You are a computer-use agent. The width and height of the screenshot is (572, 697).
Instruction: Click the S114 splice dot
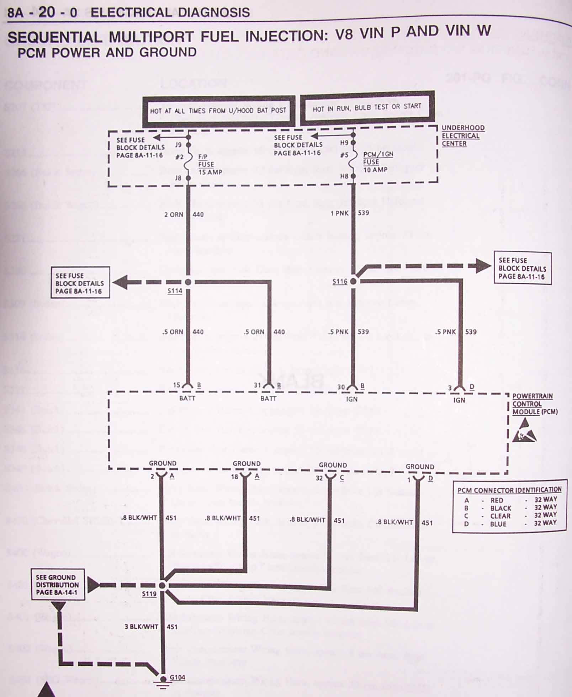point(188,282)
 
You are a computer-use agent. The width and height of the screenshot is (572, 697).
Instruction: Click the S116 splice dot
point(353,281)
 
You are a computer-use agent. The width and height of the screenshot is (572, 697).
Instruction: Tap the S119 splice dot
point(162,585)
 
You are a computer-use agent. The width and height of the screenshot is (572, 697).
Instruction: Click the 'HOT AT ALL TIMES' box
point(218,111)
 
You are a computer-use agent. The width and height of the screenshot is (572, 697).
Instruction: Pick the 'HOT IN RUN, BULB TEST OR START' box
point(367,108)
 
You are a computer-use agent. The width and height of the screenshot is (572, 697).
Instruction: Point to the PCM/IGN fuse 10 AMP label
point(377,162)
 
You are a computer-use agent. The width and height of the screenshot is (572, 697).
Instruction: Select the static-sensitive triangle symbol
point(524,431)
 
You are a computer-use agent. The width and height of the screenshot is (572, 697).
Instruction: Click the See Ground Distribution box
point(58,585)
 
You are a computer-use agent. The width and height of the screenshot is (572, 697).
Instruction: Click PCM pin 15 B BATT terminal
point(188,386)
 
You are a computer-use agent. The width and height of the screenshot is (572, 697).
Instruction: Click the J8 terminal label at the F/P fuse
point(179,178)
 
